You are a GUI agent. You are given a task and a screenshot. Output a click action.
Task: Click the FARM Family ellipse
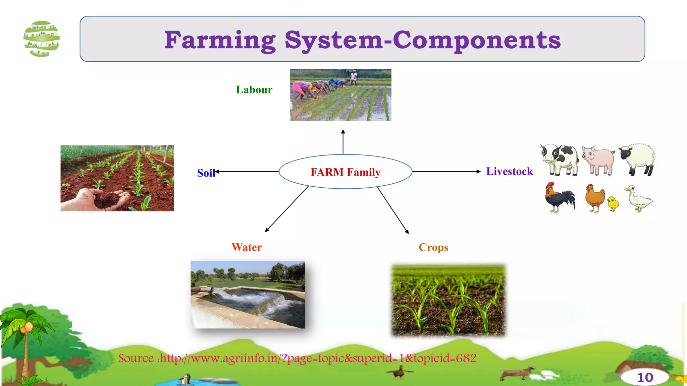click(x=345, y=172)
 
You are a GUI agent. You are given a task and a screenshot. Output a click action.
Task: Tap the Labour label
click(x=254, y=90)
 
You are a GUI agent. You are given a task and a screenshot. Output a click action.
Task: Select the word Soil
click(x=206, y=173)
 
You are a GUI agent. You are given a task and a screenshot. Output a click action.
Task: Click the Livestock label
click(x=509, y=171)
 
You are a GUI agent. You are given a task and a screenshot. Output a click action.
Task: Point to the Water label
click(x=247, y=247)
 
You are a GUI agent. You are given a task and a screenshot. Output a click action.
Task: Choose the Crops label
click(x=433, y=247)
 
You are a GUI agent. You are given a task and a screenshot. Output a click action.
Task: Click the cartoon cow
click(x=560, y=159)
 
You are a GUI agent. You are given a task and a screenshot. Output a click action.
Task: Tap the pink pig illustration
click(x=598, y=160)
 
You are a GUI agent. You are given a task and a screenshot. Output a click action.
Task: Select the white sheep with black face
click(x=637, y=159)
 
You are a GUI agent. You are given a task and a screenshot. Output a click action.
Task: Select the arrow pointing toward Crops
click(x=392, y=210)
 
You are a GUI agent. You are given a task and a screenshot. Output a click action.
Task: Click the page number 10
click(x=645, y=378)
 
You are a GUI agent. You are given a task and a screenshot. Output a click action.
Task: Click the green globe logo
click(x=42, y=39)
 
